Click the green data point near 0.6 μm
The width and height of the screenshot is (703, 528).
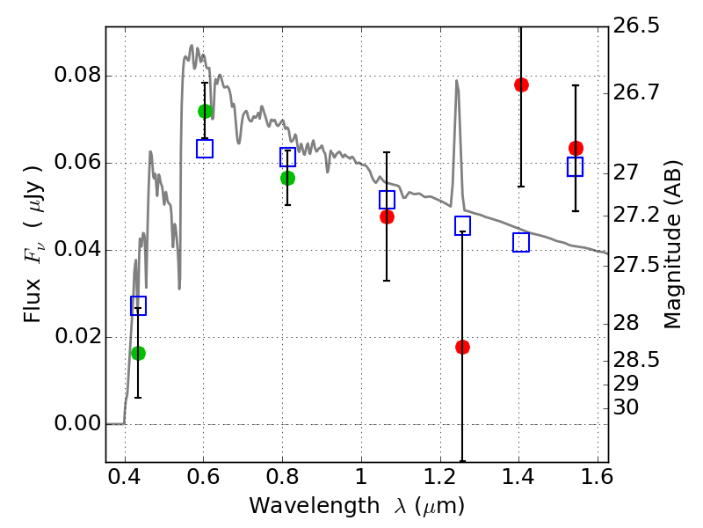pos(205,111)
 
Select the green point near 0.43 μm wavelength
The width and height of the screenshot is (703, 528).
pos(138,353)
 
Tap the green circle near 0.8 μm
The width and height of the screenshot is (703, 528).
pos(287,178)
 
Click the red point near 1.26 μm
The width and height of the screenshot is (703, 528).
pos(462,347)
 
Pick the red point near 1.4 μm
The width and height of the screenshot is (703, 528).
pos(521,84)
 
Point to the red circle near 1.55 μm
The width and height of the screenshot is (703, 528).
pos(576,148)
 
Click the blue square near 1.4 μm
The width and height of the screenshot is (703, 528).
pos(521,242)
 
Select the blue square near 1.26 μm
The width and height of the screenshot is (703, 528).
pos(462,226)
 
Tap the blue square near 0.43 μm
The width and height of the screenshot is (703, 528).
pos(138,305)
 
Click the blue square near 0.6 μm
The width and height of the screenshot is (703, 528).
pos(205,148)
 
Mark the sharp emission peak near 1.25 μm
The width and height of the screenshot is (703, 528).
pos(457,81)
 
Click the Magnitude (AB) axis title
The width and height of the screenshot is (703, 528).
pos(673,245)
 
